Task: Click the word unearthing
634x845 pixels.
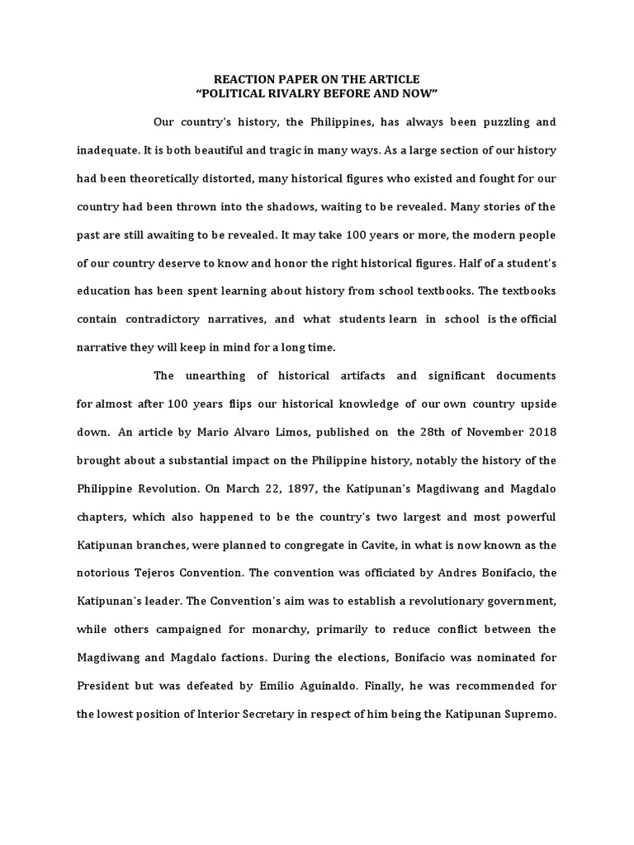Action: [x=216, y=375]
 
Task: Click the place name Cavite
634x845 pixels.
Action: [x=349, y=544]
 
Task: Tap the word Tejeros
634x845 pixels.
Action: [x=163, y=572]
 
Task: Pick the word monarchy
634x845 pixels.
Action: [x=287, y=629]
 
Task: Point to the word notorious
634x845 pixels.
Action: [x=105, y=572]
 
